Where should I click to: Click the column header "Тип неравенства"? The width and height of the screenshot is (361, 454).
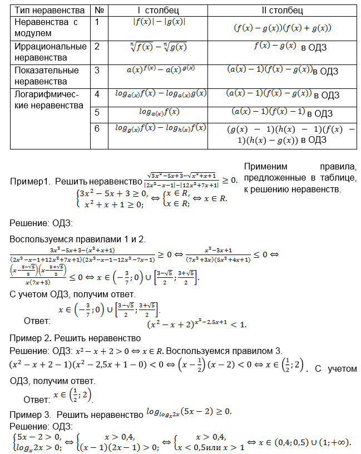pyautogui.click(x=50, y=10)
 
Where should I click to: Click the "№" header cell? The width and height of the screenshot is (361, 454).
pyautogui.click(x=98, y=10)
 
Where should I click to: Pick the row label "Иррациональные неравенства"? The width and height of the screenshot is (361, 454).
pyautogui.click(x=50, y=52)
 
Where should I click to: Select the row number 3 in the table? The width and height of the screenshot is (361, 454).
pyautogui.click(x=97, y=70)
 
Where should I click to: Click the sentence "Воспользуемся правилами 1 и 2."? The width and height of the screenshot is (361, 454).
pyautogui.click(x=78, y=239)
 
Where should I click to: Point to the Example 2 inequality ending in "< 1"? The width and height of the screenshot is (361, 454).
pyautogui.click(x=195, y=323)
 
